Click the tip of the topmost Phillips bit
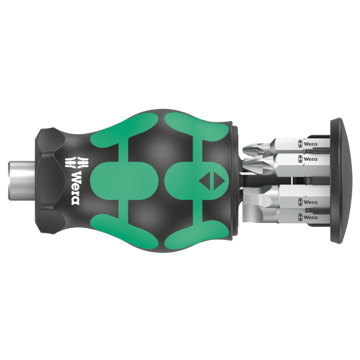pos(248,149)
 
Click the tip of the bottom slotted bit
pos(248,214)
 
